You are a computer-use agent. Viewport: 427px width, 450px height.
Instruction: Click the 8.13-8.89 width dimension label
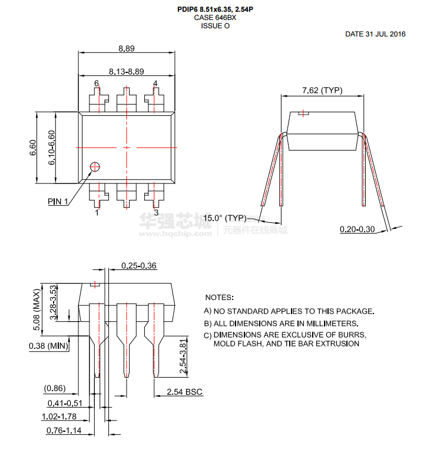(127, 71)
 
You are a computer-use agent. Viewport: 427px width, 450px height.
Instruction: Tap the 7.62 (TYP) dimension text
(322, 91)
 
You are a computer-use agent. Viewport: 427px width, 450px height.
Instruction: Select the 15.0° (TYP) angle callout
(225, 218)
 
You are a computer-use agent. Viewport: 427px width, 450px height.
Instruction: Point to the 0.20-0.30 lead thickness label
(357, 229)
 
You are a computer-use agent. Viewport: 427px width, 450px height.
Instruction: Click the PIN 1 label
(58, 201)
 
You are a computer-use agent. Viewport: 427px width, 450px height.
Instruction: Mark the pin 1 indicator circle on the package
(95, 166)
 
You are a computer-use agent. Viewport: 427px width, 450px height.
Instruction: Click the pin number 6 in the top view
(97, 83)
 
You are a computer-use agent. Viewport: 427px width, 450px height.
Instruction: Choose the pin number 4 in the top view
(155, 83)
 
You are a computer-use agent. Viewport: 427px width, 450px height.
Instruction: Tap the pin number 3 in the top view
(156, 213)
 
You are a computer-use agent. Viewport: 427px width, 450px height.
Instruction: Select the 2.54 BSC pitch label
(184, 392)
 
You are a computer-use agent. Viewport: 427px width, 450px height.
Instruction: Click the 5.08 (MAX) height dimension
(37, 309)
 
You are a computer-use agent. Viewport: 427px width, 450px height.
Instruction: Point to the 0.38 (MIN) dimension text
(48, 346)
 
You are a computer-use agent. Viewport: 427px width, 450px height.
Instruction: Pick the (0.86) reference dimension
(55, 388)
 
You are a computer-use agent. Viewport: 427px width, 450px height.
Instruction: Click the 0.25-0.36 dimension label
(139, 266)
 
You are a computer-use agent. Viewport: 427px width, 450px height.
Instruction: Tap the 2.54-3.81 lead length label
(183, 356)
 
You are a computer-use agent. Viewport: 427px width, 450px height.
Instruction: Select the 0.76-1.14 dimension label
(64, 431)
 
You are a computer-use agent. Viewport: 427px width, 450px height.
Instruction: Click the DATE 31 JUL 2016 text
(375, 34)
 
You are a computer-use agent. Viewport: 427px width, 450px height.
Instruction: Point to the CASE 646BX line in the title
(215, 18)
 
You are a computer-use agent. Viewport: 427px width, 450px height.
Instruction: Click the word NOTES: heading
(220, 298)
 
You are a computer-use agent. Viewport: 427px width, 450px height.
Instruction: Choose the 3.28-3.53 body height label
(53, 302)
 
